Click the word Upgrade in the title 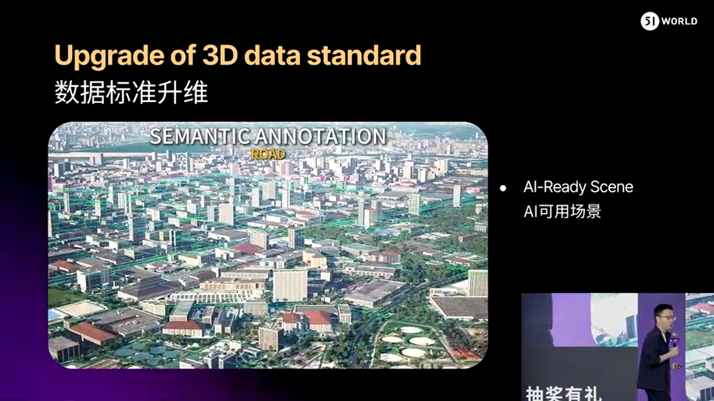click(x=109, y=56)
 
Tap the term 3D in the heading click(x=220, y=55)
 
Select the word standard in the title click(x=364, y=55)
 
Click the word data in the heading click(x=272, y=55)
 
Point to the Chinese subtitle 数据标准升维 click(x=131, y=92)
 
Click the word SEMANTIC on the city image click(x=200, y=136)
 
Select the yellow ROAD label click(x=268, y=154)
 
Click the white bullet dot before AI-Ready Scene click(x=503, y=188)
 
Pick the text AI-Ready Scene click(x=578, y=187)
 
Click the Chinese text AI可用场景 click(x=562, y=211)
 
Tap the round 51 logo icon click(x=650, y=21)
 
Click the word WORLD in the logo click(x=679, y=21)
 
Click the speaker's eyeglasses click(x=668, y=317)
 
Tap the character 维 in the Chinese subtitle click(x=196, y=92)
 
